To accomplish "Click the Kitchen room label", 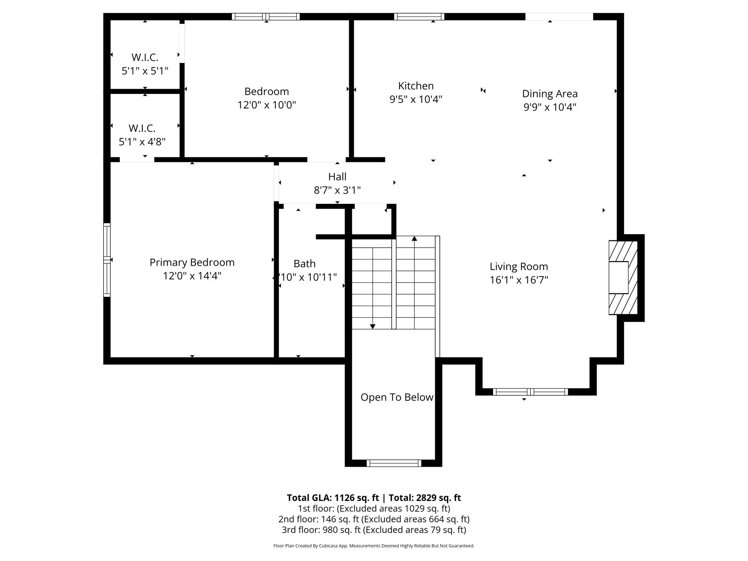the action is (416, 86).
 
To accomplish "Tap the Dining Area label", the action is (550, 94).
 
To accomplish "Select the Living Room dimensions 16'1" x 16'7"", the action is (519, 280).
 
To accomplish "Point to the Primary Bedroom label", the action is (192, 263).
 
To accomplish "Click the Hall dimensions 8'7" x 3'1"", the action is (337, 190).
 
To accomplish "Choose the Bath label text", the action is (305, 264).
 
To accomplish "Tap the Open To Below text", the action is (397, 397).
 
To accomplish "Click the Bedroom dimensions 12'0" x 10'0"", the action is (266, 105).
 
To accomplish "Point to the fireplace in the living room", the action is (623, 277).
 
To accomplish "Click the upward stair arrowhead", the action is (414, 238).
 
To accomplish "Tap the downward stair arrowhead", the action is (373, 327).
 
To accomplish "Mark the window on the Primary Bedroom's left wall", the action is (107, 260).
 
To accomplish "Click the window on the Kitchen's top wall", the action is (419, 17).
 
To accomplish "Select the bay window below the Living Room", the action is (530, 392).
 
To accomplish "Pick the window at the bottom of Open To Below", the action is (394, 463).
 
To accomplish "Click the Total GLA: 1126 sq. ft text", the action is (333, 498).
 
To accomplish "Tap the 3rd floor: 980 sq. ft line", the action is (374, 530).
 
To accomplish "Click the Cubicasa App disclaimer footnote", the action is (374, 546).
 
